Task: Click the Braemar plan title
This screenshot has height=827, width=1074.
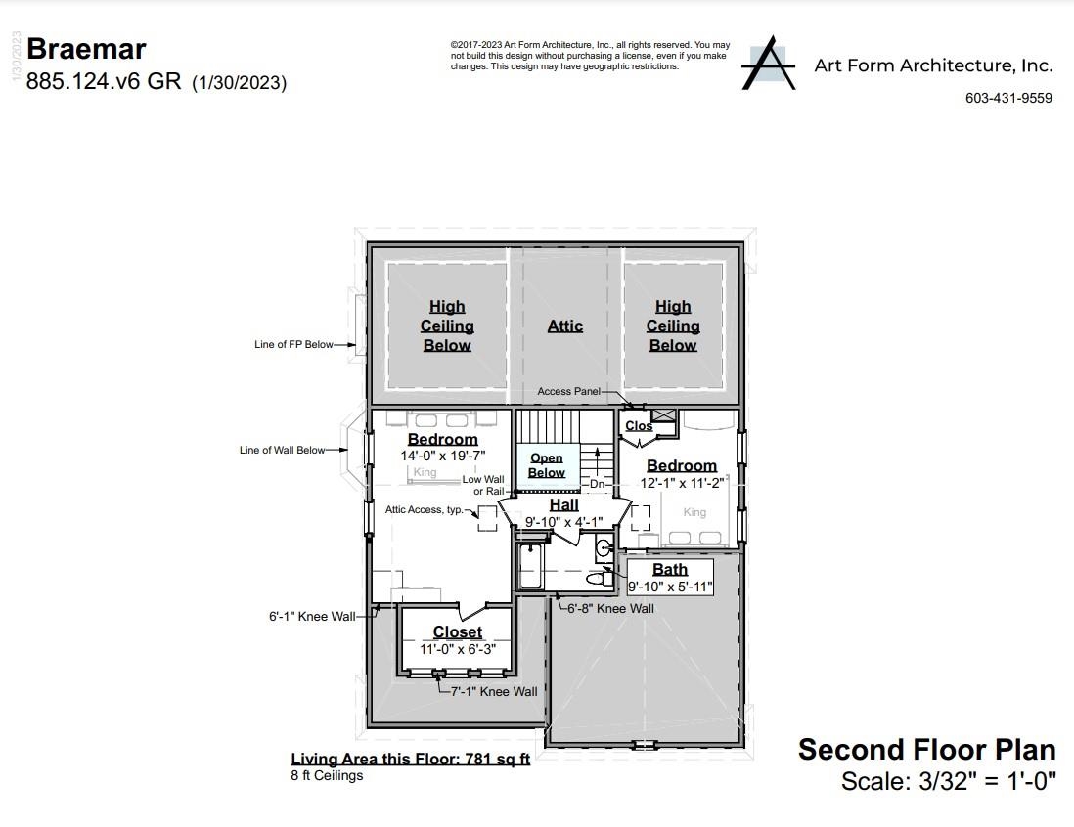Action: pos(86,49)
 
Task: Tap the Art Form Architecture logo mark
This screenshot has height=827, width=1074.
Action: pos(768,65)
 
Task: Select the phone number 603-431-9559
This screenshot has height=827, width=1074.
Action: pos(1008,98)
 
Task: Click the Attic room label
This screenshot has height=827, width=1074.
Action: pos(564,326)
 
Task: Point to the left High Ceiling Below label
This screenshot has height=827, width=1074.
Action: pos(447,326)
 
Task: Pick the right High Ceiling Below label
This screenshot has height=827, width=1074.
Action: pos(673,326)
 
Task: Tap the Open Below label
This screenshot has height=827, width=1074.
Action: pos(546,465)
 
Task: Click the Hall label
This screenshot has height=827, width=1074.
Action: pos(563,505)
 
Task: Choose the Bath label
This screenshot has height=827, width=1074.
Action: pos(670,570)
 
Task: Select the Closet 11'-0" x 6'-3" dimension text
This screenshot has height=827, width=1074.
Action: pos(458,648)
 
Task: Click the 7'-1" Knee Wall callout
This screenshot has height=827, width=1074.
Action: pos(493,691)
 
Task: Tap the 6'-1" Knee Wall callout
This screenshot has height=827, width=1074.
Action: pos(312,617)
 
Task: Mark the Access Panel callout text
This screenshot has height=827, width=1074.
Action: pos(568,391)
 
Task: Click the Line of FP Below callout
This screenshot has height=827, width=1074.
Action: pos(293,344)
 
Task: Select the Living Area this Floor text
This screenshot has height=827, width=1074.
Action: pos(410,760)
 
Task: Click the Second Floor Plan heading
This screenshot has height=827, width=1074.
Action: pos(926,750)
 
